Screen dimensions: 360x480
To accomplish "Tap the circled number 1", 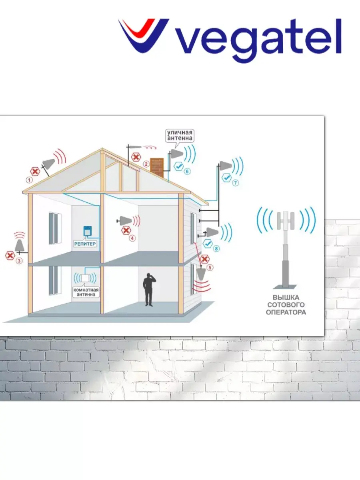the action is (x=29, y=180).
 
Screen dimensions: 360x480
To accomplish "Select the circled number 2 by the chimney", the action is (x=146, y=163).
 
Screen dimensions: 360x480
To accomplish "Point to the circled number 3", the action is (x=18, y=261).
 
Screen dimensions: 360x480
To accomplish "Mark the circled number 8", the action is (x=216, y=249).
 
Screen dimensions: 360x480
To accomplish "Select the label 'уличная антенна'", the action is (x=180, y=135).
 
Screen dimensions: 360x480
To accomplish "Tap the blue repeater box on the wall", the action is (x=86, y=231).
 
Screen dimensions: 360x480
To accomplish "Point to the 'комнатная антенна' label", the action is (x=86, y=292).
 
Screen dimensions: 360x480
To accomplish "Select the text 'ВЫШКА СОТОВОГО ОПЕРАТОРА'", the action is (x=286, y=305).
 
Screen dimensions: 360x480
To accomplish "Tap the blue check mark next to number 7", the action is (x=226, y=176).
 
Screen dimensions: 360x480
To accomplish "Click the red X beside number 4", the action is (x=126, y=230).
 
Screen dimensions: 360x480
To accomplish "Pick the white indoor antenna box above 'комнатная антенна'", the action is (x=85, y=278).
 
